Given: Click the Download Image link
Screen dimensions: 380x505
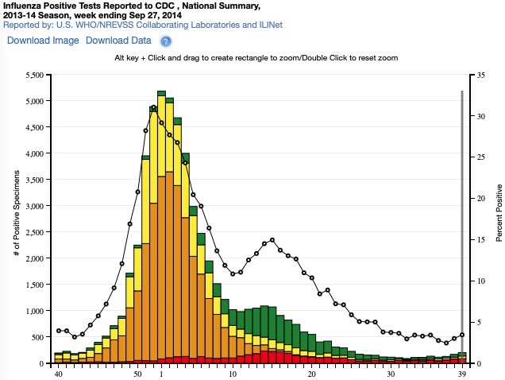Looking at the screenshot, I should click(x=43, y=41).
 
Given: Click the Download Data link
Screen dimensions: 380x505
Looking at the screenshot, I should click(x=118, y=41).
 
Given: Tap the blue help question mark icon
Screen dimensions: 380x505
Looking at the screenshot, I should click(x=166, y=41).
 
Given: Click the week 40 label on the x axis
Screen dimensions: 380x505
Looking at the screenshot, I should click(x=58, y=373).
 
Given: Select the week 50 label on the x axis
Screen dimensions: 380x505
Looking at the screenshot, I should click(x=138, y=373).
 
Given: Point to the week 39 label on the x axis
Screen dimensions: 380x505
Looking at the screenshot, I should click(x=462, y=373).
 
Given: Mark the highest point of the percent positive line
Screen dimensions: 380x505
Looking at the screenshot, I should click(x=153, y=107).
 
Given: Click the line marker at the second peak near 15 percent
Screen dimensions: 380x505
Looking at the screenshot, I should click(x=272, y=240).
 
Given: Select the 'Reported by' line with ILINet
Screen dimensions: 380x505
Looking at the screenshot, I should click(x=144, y=25).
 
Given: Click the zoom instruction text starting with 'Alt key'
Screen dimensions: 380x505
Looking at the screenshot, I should click(x=256, y=59).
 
